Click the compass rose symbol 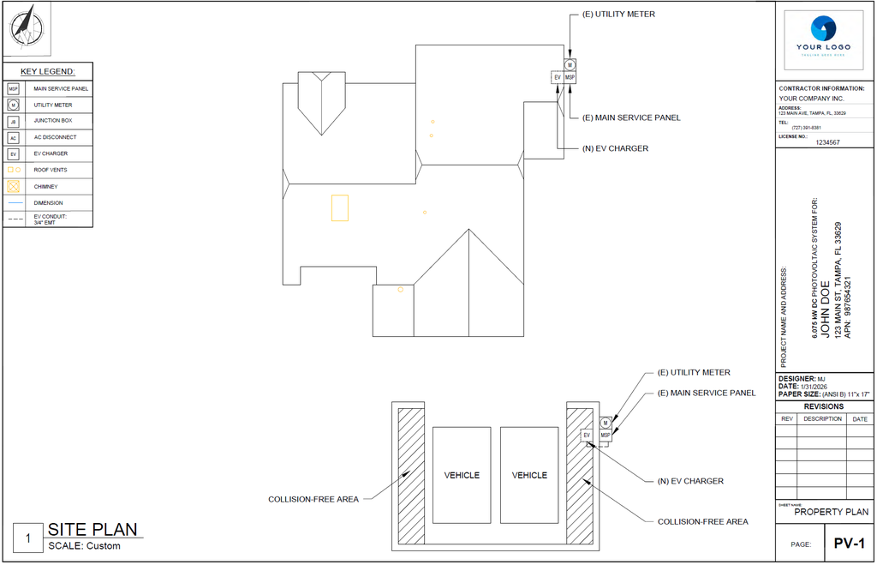27,27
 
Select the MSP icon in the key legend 13,88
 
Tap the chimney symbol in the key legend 13,186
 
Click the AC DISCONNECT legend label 55,137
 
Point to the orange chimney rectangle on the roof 340,208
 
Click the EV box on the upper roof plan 557,77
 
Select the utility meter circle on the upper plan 570,65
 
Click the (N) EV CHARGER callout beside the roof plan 615,148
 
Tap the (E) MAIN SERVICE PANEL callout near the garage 707,393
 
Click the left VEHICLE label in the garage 462,475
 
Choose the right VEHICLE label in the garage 529,475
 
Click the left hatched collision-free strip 411,475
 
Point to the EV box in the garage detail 587,436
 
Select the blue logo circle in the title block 824,28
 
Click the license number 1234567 827,142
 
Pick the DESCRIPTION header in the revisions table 822,419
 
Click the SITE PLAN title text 92,530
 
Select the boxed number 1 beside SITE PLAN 28,538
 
